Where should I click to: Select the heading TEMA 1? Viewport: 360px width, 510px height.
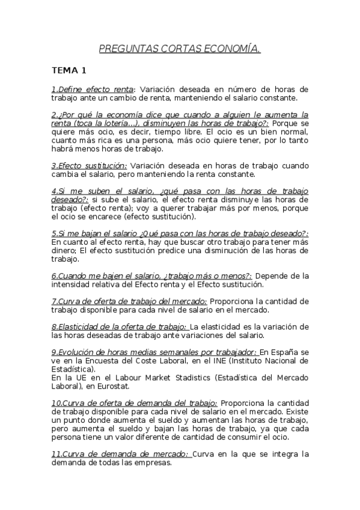coord(69,70)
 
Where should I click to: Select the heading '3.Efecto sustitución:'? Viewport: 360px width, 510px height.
coord(89,165)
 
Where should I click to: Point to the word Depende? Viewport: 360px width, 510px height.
coord(276,276)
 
